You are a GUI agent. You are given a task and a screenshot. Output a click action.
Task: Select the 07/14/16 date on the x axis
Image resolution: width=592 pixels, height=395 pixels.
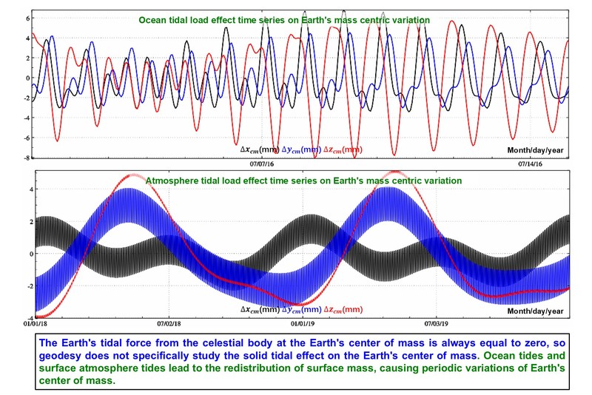tap(533, 164)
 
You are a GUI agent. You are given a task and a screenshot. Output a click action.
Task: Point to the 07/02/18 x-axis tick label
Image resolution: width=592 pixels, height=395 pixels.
tap(168, 323)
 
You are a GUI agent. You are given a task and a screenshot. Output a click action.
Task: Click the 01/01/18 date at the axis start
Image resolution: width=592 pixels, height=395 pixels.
tap(36, 323)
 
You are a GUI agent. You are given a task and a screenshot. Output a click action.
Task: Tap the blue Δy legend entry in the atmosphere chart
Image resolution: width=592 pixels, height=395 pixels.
tap(302, 309)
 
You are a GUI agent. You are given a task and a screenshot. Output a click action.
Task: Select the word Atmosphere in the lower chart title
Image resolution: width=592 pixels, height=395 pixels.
tap(172, 180)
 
